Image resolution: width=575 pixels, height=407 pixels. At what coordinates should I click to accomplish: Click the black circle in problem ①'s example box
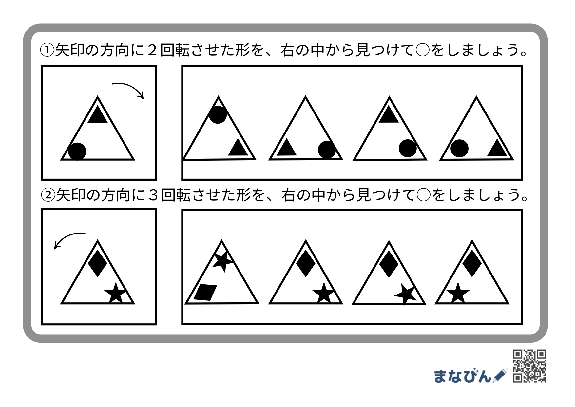tap(77, 152)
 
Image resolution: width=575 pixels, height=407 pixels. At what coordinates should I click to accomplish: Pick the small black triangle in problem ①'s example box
tap(98, 114)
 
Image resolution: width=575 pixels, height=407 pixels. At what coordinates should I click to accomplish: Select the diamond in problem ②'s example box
tap(98, 263)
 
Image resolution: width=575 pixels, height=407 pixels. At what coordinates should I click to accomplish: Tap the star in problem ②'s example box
tap(115, 293)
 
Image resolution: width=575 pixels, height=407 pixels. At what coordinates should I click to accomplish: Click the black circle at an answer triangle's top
tap(218, 115)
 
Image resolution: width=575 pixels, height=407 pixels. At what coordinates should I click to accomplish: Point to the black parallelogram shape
tap(205, 292)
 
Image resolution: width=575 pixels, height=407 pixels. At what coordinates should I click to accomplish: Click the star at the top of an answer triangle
tap(222, 261)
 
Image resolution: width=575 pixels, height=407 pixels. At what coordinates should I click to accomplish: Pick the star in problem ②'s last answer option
tap(458, 293)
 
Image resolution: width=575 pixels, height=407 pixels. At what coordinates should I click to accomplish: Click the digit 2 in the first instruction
tap(152, 51)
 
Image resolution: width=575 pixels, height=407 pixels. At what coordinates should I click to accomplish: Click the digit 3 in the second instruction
tap(153, 195)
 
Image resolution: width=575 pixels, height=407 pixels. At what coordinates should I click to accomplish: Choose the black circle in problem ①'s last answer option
tap(459, 148)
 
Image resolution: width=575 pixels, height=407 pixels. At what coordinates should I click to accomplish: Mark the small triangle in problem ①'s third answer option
tap(389, 114)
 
